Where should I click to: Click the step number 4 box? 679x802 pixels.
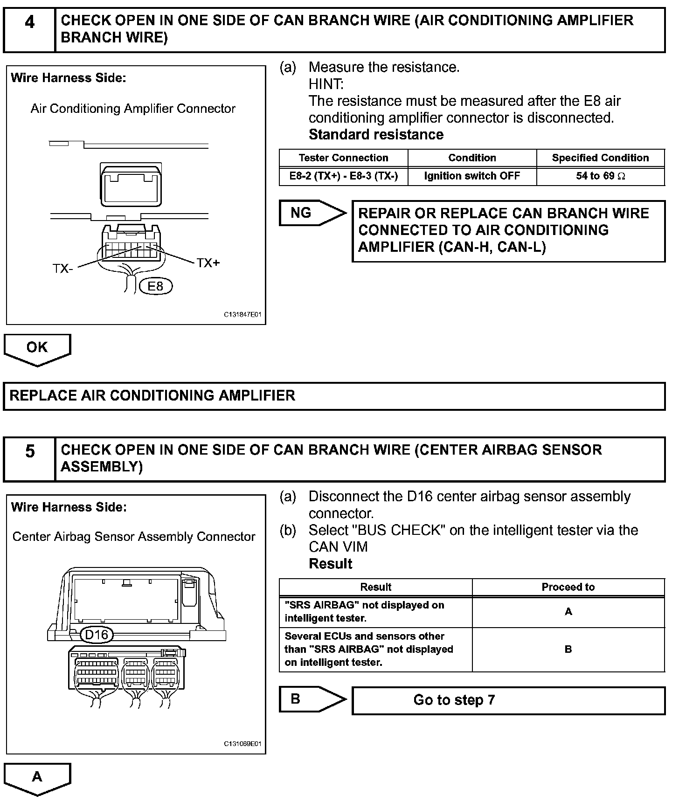click(x=29, y=29)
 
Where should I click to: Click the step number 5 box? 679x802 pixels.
click(x=29, y=459)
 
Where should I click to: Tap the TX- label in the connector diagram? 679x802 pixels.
click(x=62, y=269)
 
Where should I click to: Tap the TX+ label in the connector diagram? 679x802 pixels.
click(x=208, y=263)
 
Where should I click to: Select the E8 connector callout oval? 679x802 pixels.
click(x=156, y=286)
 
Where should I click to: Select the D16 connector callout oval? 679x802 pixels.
click(x=97, y=635)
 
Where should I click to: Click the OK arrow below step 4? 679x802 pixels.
click(x=37, y=349)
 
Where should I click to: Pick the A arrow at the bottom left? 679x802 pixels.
click(x=37, y=778)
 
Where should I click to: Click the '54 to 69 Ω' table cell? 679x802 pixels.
click(x=601, y=176)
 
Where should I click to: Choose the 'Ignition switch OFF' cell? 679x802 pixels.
click(x=472, y=176)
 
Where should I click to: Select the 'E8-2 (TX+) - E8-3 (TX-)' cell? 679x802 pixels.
click(x=344, y=176)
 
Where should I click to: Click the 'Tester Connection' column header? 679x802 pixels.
click(x=344, y=158)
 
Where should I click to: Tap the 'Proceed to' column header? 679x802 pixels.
click(x=568, y=587)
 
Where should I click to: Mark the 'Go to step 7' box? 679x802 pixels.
click(x=508, y=700)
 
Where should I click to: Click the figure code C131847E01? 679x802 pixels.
click(x=242, y=315)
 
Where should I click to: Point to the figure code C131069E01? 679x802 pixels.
click(x=242, y=744)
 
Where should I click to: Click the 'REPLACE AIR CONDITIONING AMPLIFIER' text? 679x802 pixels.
click(x=152, y=396)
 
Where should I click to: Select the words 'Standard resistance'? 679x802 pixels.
click(x=376, y=135)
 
